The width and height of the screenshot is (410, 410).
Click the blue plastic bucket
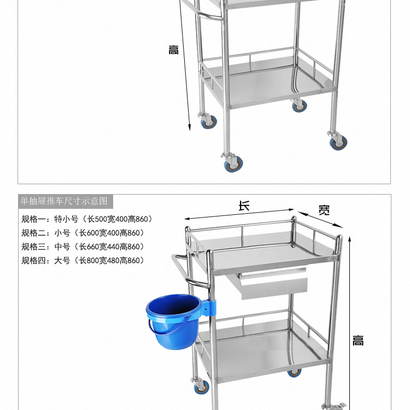pyautogui.click(x=172, y=319)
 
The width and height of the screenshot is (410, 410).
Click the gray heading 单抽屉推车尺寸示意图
pyautogui.click(x=65, y=201)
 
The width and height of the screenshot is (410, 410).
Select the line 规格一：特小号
pyautogui.click(x=87, y=219)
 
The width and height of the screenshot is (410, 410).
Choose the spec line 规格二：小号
pyautogui.click(x=83, y=233)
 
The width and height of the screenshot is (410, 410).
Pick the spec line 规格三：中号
pyautogui.click(x=83, y=247)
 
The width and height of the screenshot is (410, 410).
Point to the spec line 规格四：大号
pyautogui.click(x=83, y=260)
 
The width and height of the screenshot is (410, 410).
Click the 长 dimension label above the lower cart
pyautogui.click(x=244, y=206)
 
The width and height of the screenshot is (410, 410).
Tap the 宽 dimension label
pyautogui.click(x=324, y=210)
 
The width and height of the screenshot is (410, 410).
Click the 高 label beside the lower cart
pyautogui.click(x=358, y=341)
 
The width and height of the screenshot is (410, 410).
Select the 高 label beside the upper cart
pyautogui.click(x=173, y=50)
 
